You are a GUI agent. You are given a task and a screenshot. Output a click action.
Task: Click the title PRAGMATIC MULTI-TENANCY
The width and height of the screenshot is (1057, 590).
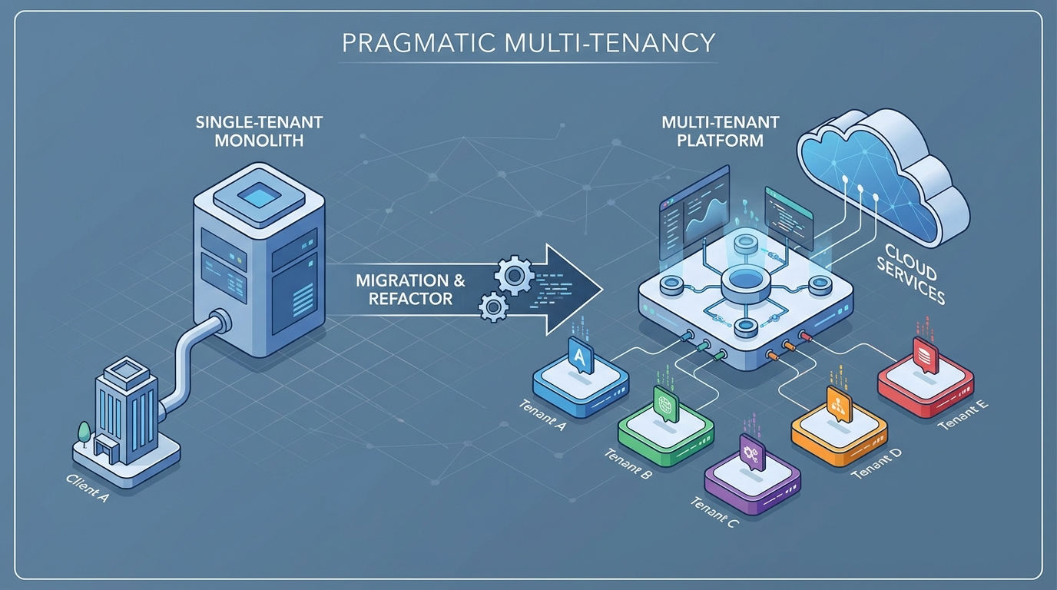528,43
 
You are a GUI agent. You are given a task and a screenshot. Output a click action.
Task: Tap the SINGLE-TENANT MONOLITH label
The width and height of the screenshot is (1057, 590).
259,131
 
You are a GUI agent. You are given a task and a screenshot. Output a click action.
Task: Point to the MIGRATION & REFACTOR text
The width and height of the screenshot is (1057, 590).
410,290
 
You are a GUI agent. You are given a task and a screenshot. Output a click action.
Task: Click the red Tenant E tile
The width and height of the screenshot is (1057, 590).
925,378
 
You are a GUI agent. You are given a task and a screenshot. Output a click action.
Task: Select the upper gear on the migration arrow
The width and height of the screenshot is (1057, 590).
511,275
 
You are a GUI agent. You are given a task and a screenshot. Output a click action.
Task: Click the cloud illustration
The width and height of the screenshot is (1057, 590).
883,181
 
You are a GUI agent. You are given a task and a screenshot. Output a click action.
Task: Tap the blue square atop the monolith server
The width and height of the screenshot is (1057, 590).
259,198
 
